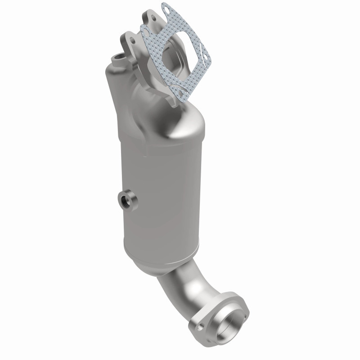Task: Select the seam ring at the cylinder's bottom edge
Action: coord(157,245)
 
